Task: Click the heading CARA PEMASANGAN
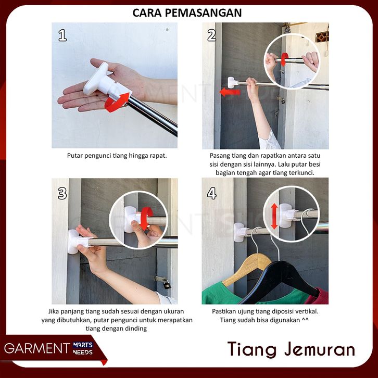pyautogui.click(x=187, y=13)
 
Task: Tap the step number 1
pyautogui.click(x=62, y=35)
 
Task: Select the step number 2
pyautogui.click(x=212, y=35)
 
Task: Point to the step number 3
pyautogui.click(x=62, y=193)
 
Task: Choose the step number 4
pyautogui.click(x=212, y=193)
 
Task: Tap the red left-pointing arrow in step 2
pyautogui.click(x=230, y=92)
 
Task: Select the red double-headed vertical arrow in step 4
pyautogui.click(x=274, y=216)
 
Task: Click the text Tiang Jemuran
pyautogui.click(x=291, y=349)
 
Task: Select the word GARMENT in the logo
pyautogui.click(x=37, y=348)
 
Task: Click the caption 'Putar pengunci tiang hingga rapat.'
pyautogui.click(x=117, y=156)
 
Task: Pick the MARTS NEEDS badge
pyautogui.click(x=83, y=349)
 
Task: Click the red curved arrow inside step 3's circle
pyautogui.click(x=146, y=218)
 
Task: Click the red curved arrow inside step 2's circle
pyautogui.click(x=285, y=59)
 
